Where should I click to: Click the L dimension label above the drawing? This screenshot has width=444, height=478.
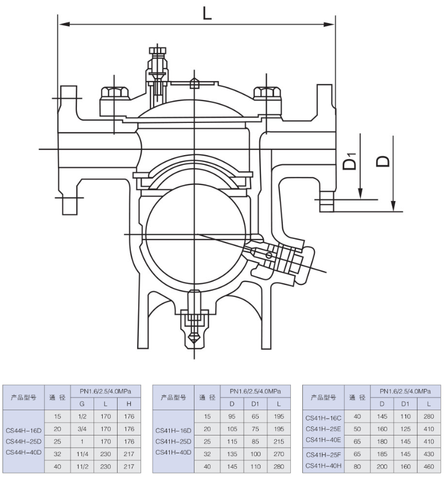click(207, 13)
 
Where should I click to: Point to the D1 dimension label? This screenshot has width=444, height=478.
click(350, 161)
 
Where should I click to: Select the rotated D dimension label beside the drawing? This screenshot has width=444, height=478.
click(383, 161)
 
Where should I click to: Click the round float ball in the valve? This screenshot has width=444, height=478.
click(195, 234)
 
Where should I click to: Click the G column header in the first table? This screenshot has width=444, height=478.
click(82, 404)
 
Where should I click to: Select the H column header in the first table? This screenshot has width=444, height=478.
click(128, 404)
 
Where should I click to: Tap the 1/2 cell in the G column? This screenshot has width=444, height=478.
click(82, 417)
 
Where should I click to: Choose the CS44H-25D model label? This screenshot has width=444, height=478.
click(24, 441)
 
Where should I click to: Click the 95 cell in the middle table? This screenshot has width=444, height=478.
click(232, 417)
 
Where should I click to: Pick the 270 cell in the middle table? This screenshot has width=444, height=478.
click(279, 454)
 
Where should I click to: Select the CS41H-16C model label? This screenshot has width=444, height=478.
click(324, 418)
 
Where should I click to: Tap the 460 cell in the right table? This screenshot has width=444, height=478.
click(429, 467)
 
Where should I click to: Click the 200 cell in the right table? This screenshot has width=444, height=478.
click(382, 467)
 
